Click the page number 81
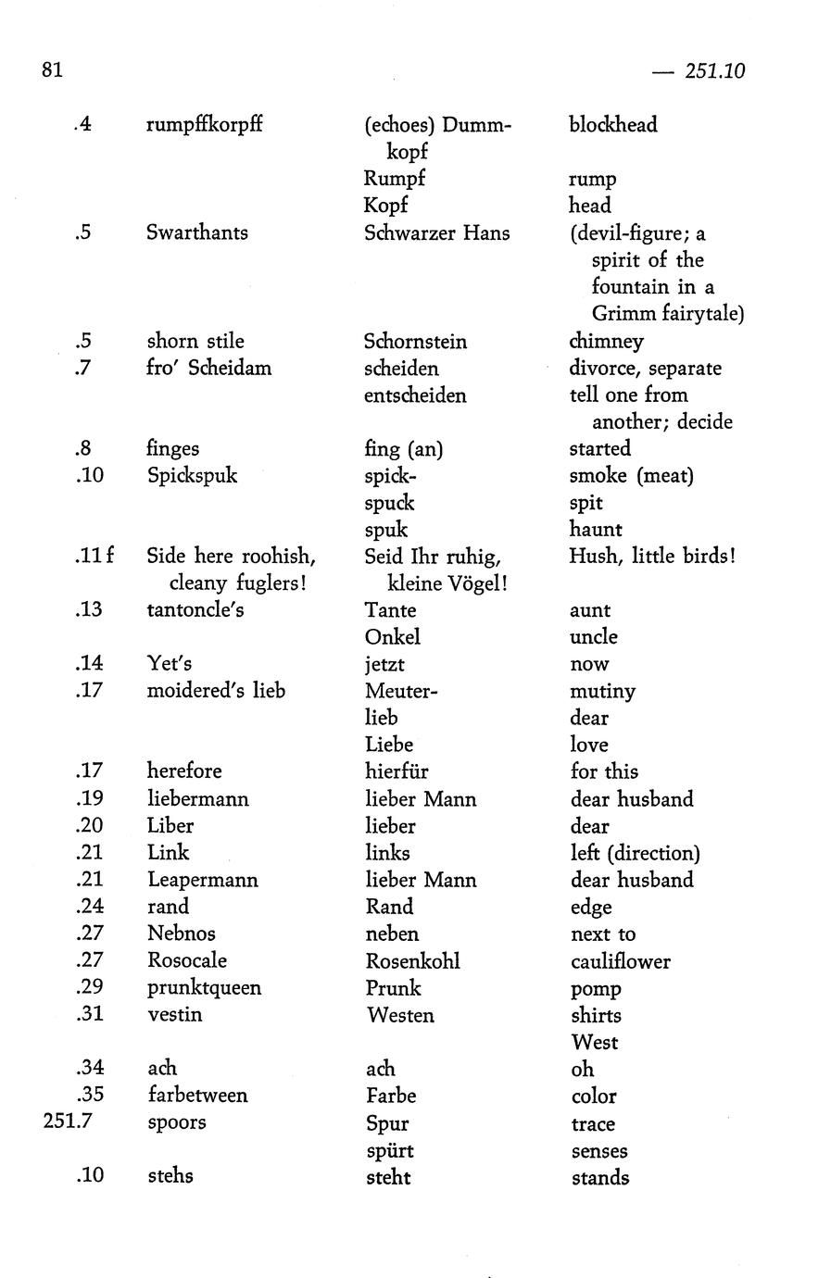[52, 69]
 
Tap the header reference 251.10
[714, 71]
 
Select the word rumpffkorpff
[204, 124]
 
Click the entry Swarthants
[196, 232]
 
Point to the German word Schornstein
[415, 341]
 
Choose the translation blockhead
[612, 124]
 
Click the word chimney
[606, 341]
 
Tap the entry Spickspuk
[192, 475]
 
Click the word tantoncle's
[195, 610]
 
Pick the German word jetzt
[384, 664]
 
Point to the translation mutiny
[602, 692]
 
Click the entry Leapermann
[202, 880]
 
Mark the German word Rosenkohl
[412, 961]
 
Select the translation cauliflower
[620, 961]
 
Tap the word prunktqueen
[204, 988]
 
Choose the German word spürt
[389, 1151]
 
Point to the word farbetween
[197, 1096]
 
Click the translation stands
[599, 1178]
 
